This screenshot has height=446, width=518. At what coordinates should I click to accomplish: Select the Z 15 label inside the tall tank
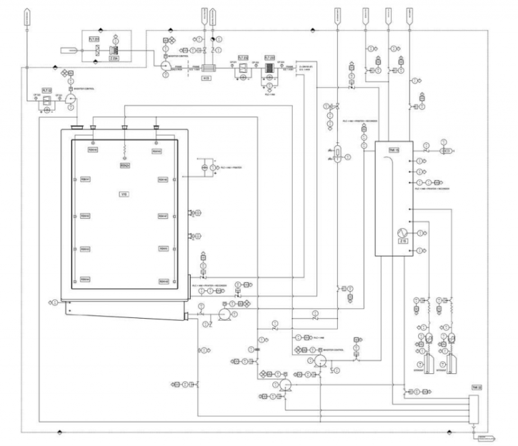coord(404,241)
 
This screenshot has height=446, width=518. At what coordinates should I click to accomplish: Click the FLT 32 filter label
coord(47,90)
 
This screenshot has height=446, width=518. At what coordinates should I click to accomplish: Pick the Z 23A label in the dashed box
coord(115,58)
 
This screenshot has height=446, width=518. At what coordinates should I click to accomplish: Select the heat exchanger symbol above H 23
coord(206,68)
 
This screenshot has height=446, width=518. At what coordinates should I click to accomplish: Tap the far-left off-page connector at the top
coord(26,15)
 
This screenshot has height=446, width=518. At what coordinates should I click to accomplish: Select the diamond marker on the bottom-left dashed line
coord(60,431)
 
